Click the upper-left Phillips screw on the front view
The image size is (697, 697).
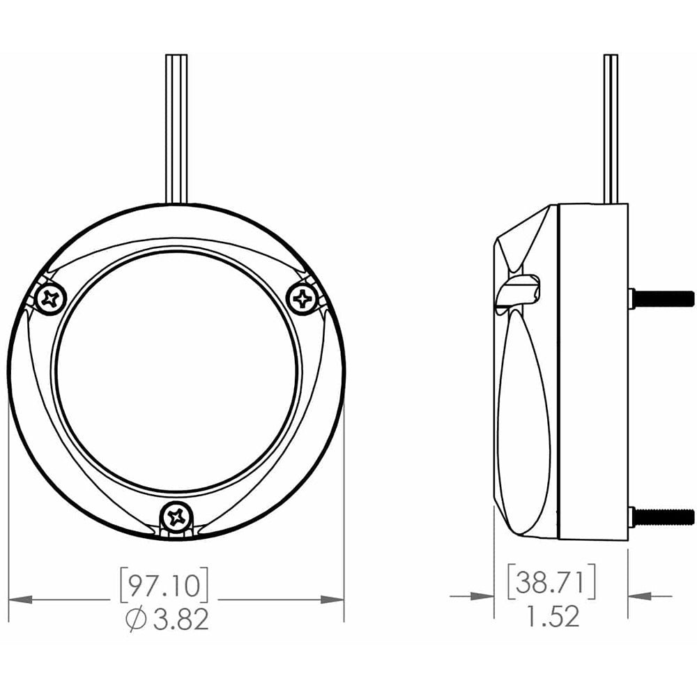point(50,300)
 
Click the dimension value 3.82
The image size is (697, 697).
point(181,619)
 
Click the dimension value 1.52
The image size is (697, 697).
point(551,617)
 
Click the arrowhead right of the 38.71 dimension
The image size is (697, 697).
point(640,597)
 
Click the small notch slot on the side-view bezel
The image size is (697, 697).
point(519,288)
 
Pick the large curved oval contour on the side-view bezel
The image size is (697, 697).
point(523,418)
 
